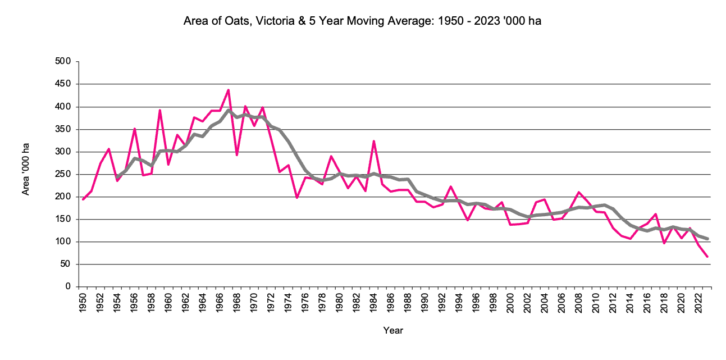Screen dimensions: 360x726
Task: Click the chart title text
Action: coord(362,22)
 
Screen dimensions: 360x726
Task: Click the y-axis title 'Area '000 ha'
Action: coord(25,169)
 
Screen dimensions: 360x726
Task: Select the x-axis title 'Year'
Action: coord(393,330)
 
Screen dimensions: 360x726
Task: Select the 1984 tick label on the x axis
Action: coord(374,302)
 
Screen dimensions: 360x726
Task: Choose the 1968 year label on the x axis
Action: coord(237,302)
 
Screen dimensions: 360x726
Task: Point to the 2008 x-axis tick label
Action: coord(579,302)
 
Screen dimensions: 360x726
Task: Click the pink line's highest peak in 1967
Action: coord(229,90)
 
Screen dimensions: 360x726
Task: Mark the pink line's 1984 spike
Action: coord(374,141)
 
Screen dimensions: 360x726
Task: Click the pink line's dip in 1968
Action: coord(237,155)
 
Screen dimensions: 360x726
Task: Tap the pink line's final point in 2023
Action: coord(707,257)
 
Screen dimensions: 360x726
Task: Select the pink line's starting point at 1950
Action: coord(83,199)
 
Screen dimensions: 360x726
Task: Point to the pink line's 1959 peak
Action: coord(160,110)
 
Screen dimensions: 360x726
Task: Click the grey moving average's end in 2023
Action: coord(707,239)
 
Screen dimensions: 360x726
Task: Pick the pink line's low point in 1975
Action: coord(297,198)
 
